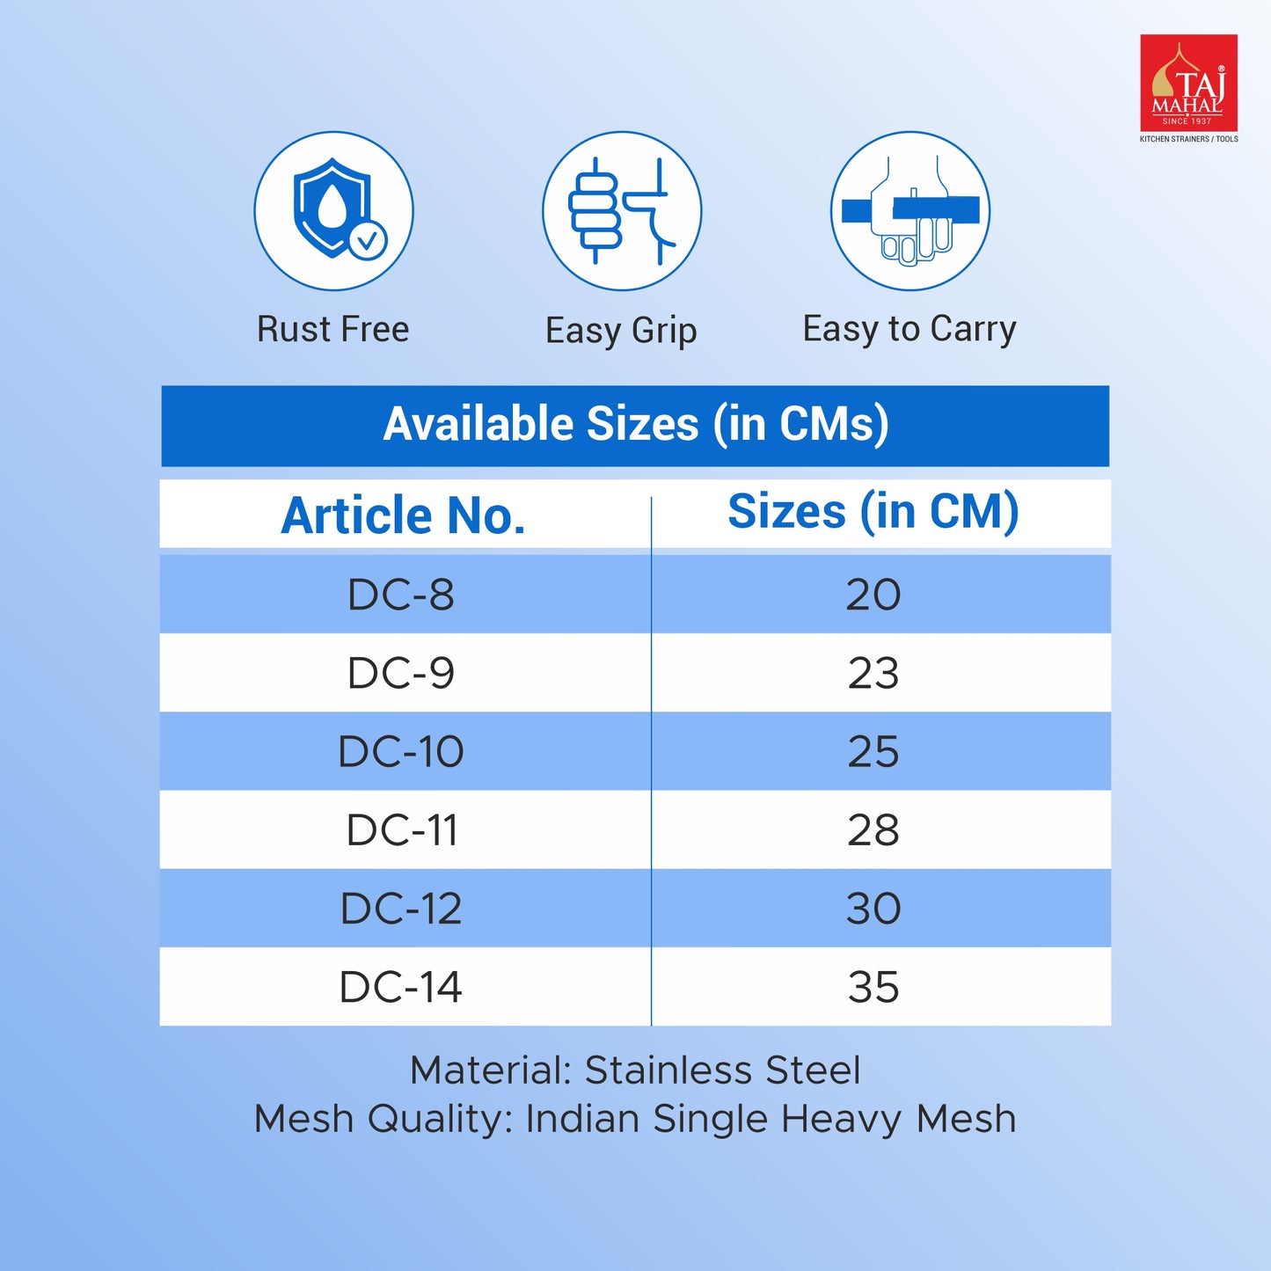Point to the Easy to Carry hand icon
(x=910, y=210)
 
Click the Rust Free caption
(x=333, y=328)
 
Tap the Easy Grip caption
(x=621, y=331)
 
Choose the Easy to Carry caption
(x=909, y=329)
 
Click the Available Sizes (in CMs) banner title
(x=636, y=424)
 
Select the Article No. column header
(x=403, y=515)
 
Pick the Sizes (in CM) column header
(x=873, y=512)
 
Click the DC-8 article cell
(x=401, y=595)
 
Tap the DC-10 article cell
(x=401, y=751)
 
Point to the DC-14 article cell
(x=401, y=988)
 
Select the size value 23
(x=873, y=674)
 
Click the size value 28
(x=873, y=830)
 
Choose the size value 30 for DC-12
(x=873, y=909)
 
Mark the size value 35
(x=873, y=988)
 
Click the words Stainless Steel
(x=723, y=1070)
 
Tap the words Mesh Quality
(x=379, y=1120)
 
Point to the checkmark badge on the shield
(x=368, y=240)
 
